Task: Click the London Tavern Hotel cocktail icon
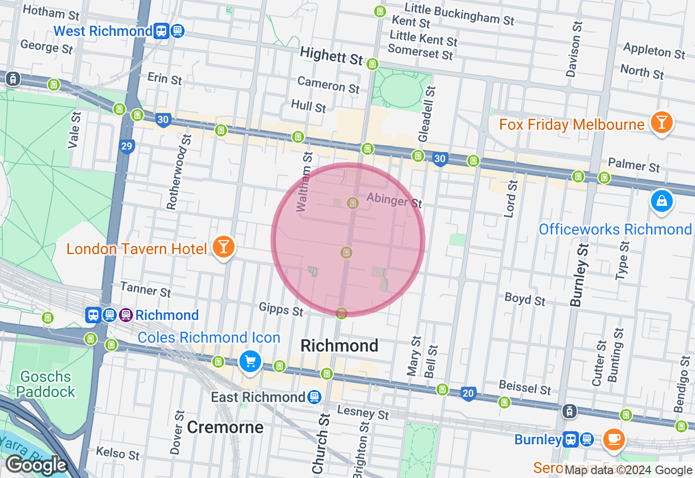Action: pos(223,247)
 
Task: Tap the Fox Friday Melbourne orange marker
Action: pos(661,123)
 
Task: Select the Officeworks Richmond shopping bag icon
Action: pos(661,202)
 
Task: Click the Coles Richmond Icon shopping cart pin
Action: pos(250,361)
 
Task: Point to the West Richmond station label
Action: pos(103,31)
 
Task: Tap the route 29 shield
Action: pos(127,146)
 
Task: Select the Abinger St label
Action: pos(394,200)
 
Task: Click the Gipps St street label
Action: pos(281,310)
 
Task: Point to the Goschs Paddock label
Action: pos(46,384)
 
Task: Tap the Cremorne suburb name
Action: pos(225,427)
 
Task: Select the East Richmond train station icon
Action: pos(314,398)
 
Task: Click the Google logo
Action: pos(36,466)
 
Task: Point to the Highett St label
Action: pos(331,55)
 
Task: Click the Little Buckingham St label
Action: pos(459,14)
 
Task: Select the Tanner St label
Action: pos(145,289)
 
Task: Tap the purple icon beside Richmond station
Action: pos(126,315)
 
